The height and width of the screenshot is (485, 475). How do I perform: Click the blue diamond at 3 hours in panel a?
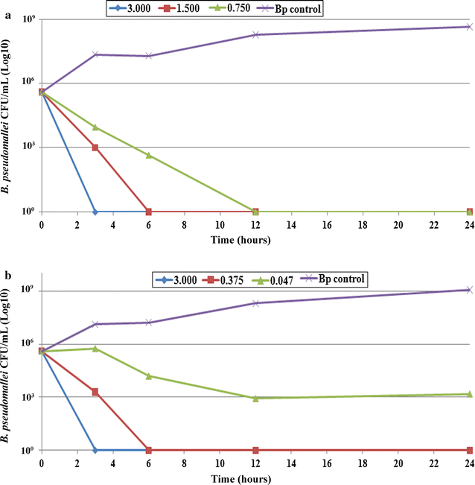95,212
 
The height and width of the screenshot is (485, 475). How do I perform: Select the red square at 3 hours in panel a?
95,147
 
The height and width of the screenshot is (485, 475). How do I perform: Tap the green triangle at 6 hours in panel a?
149,155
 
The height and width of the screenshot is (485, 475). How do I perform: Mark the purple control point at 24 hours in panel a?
469,27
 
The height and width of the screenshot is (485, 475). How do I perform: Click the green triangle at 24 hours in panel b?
469,394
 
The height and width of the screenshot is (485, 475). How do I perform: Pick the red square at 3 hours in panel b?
95,392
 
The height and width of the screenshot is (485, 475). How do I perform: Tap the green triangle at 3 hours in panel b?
95,348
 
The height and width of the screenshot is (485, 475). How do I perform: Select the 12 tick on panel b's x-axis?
255,463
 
